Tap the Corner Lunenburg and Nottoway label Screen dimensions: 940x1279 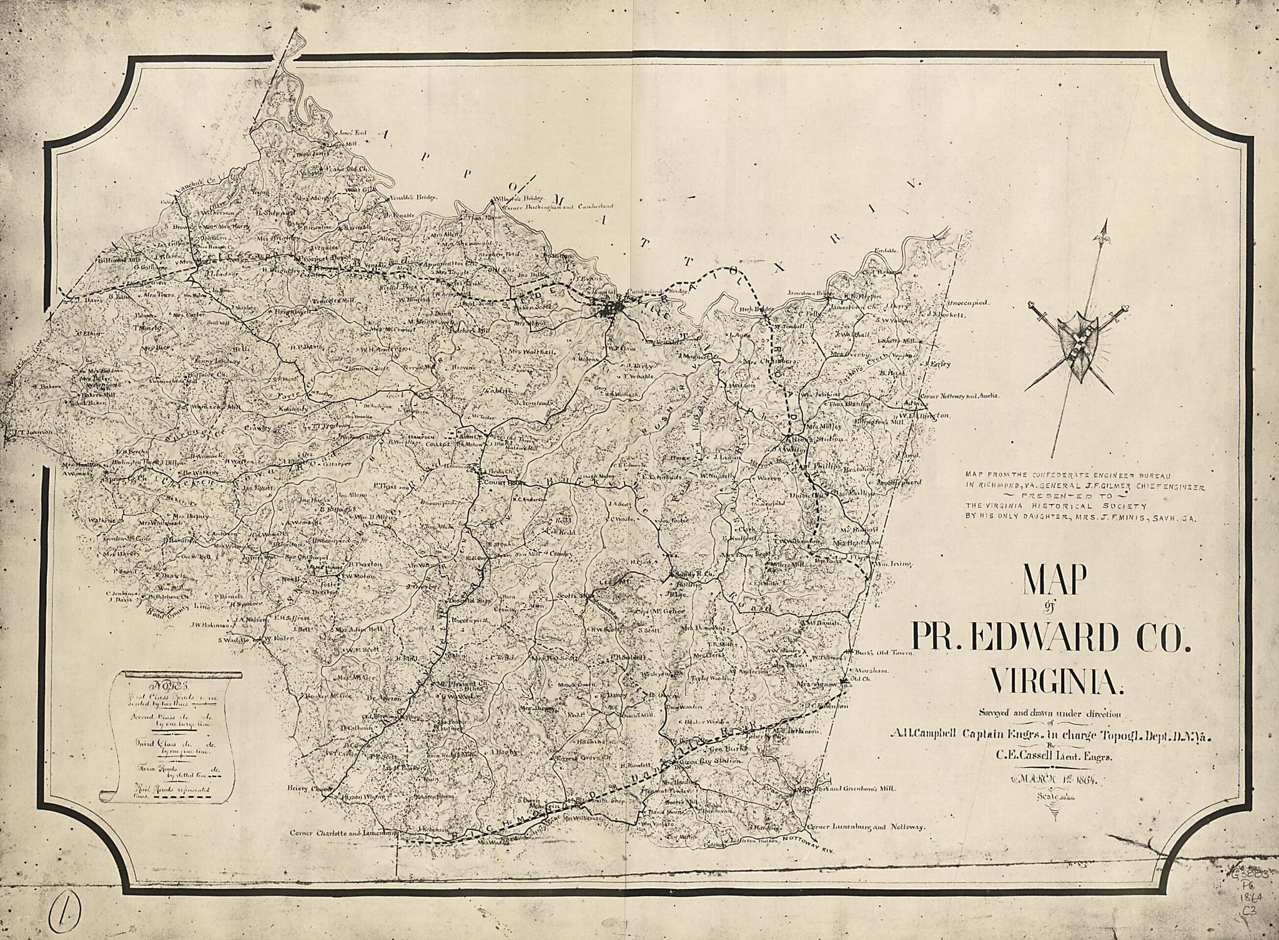pyautogui.click(x=865, y=827)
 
